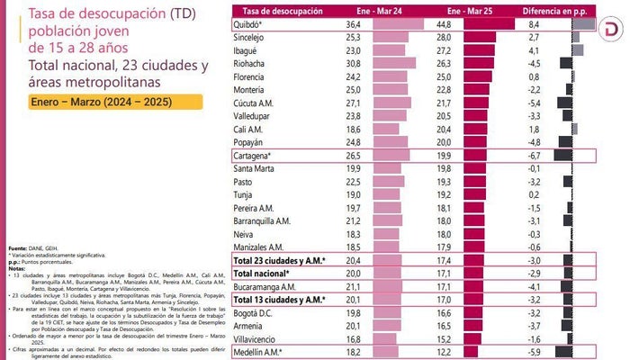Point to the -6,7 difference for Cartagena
click(534, 155)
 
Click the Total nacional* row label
click(261, 273)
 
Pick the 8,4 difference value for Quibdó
click(534, 24)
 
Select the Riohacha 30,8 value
click(353, 64)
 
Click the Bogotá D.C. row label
click(255, 312)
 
